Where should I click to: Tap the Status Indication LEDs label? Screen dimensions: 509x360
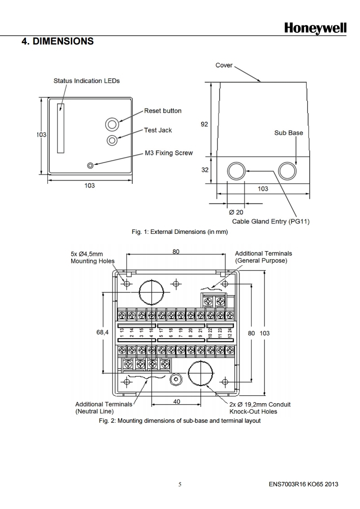[87, 81]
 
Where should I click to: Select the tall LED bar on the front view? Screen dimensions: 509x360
[61, 128]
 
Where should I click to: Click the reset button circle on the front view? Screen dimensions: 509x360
[112, 124]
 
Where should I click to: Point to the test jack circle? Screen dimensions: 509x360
[112, 140]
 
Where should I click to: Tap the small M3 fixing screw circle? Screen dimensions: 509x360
[90, 166]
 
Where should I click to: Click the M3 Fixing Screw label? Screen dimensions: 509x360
[168, 153]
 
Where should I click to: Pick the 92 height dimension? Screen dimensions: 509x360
[204, 124]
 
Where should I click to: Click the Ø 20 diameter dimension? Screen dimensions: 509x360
[236, 212]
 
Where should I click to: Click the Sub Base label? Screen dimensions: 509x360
[288, 133]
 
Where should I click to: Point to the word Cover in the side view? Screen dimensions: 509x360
[224, 65]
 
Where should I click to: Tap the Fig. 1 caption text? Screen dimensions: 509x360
[179, 232]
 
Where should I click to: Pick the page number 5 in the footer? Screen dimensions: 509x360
[180, 484]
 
